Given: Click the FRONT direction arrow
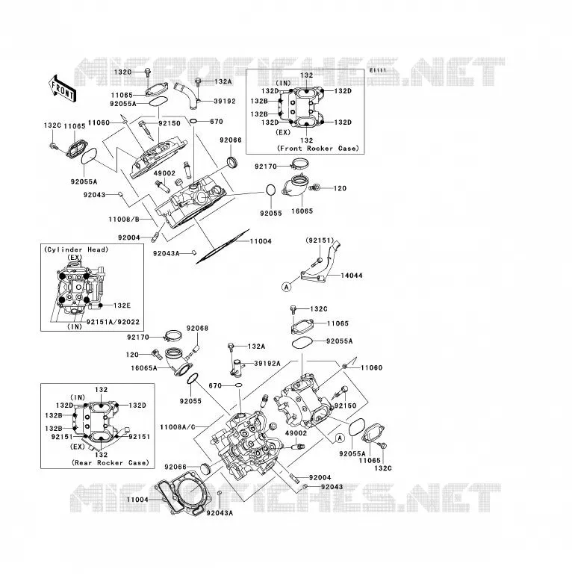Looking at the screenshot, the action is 62,89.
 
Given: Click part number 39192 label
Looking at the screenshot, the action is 225,101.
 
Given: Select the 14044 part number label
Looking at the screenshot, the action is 352,276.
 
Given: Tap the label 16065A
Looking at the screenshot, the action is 144,368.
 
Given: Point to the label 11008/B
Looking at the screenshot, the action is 124,220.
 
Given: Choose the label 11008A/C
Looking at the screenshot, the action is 177,427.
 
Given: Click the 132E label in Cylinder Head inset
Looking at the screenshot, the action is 122,305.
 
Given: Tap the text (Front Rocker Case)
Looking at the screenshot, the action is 318,148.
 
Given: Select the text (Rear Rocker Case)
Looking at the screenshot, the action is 111,462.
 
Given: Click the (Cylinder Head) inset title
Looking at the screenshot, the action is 76,249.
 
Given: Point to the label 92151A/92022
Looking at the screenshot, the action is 113,322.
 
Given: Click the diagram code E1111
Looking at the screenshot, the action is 378,70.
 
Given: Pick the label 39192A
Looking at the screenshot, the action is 267,364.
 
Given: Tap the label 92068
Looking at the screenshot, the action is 197,328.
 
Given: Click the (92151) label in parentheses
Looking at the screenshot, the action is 320,240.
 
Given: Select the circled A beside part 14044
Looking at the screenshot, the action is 286,287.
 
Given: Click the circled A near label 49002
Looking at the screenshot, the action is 340,438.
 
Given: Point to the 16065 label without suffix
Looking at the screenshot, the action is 302,211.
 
